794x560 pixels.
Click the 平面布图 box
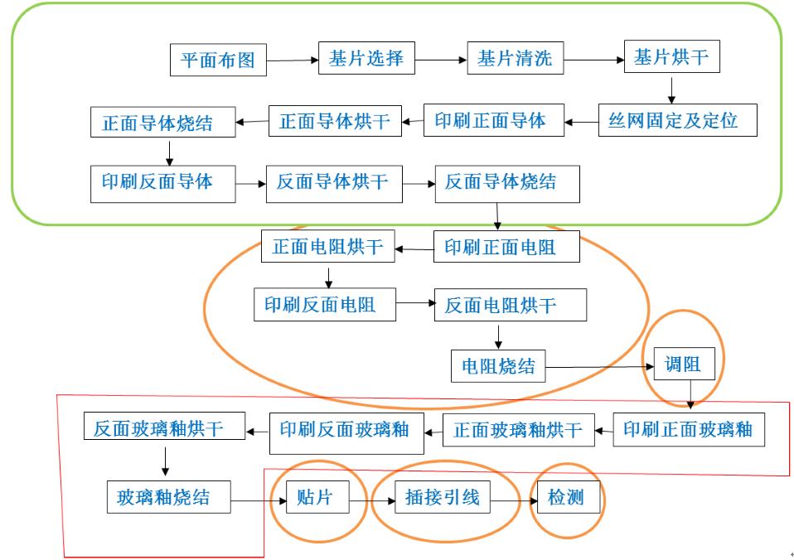click(x=218, y=60)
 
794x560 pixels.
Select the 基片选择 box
click(x=366, y=58)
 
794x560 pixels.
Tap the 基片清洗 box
click(x=515, y=59)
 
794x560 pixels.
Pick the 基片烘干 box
click(x=671, y=57)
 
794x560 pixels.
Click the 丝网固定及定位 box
click(x=673, y=121)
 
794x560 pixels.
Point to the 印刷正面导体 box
click(x=490, y=121)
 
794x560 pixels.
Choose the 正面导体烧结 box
click(x=157, y=123)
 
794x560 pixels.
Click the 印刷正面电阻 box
click(x=500, y=246)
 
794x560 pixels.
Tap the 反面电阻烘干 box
click(x=501, y=305)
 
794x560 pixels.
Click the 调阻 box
click(x=683, y=364)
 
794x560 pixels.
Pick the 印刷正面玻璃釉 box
click(x=688, y=429)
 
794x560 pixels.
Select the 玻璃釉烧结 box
click(x=163, y=497)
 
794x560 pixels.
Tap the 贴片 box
click(x=314, y=498)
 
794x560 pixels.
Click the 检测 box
click(x=566, y=498)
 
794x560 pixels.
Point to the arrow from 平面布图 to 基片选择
click(x=293, y=60)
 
